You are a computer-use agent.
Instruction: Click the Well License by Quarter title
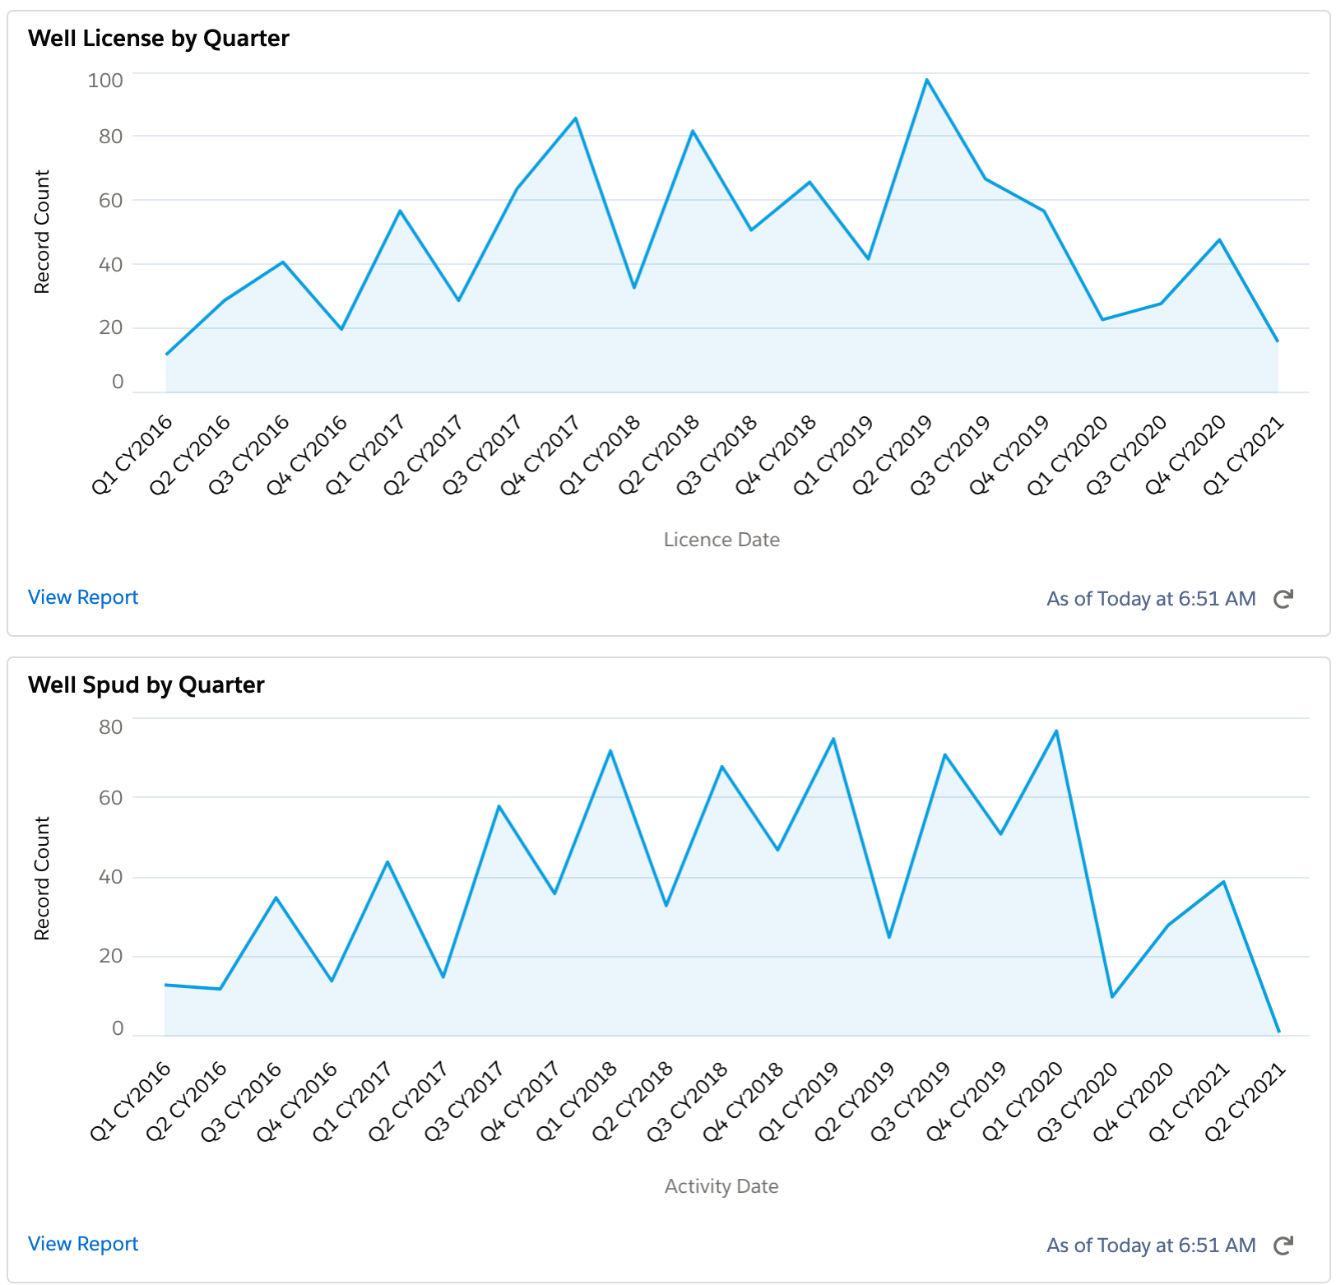click(159, 39)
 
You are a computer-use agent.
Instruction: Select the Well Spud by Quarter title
click(146, 685)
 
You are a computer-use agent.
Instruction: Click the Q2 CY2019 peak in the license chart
click(926, 80)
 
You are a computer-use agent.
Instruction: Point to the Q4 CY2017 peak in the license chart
click(576, 118)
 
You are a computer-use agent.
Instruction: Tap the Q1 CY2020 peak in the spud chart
click(1056, 731)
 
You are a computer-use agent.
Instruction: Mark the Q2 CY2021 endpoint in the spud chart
click(1278, 1031)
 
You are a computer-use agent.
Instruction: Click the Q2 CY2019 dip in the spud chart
click(889, 937)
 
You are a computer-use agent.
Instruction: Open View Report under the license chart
click(83, 597)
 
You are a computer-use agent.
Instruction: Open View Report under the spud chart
click(83, 1244)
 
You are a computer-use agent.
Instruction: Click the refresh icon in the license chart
click(1283, 599)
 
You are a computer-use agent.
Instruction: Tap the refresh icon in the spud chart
click(1283, 1246)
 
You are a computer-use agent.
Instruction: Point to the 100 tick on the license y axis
click(105, 81)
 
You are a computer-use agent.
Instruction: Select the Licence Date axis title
click(721, 540)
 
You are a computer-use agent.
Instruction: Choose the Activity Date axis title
click(721, 1186)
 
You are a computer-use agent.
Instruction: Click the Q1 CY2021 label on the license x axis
click(1244, 456)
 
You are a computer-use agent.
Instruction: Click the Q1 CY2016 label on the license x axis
click(132, 456)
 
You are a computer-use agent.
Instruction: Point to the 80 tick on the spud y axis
click(111, 727)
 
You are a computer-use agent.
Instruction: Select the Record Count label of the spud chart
click(42, 878)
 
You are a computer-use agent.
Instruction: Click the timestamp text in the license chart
click(1151, 599)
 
